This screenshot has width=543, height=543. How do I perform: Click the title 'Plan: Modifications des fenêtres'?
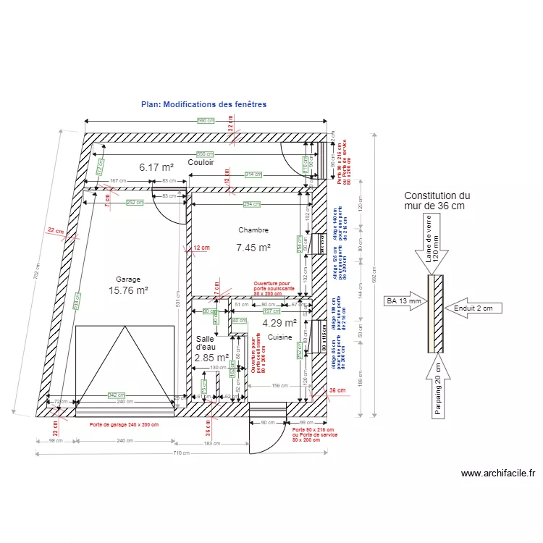[x=203, y=104]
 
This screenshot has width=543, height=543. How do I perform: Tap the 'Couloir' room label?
[x=201, y=163]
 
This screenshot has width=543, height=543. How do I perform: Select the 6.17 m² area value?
[x=156, y=167]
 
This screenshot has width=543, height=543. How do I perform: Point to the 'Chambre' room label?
[x=253, y=230]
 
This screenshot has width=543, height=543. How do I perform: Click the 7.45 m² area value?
[x=253, y=248]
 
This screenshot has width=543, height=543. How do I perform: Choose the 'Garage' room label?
[x=127, y=279]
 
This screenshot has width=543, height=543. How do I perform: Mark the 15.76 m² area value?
[x=128, y=290]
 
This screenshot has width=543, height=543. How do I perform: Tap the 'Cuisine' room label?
[x=279, y=337]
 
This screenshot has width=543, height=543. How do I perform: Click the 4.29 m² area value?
[x=279, y=324]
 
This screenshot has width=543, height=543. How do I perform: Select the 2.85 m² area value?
[x=211, y=357]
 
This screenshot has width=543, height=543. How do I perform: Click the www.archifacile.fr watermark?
[x=498, y=474]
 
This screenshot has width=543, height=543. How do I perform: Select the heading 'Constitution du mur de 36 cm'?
[x=437, y=201]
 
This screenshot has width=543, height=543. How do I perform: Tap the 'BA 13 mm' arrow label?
[x=403, y=300]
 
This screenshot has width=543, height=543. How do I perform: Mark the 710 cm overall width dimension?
[x=181, y=453]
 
